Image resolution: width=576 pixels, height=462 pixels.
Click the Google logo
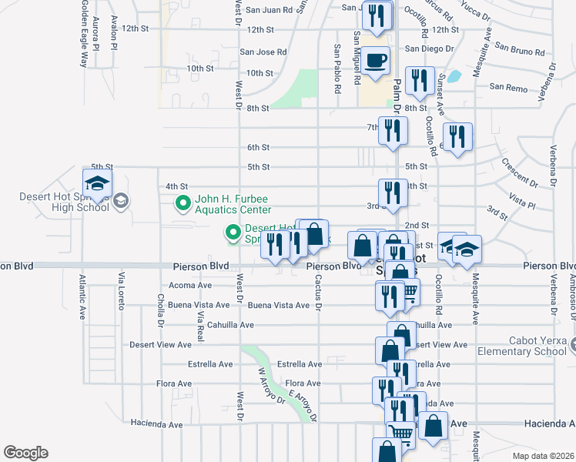click(25, 453)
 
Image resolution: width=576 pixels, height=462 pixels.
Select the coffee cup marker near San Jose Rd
click(376, 62)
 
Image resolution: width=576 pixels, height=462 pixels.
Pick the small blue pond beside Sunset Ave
click(454, 76)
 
